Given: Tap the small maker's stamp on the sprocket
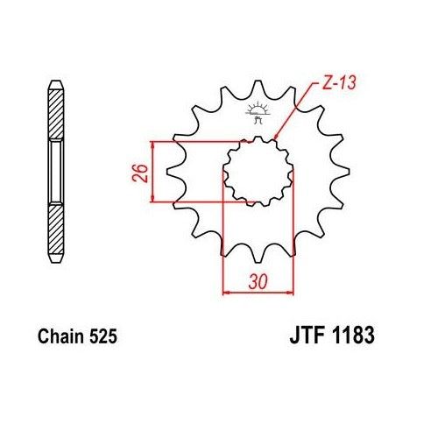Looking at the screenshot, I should pyautogui.click(x=258, y=111).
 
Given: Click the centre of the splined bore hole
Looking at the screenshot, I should pyautogui.click(x=258, y=171).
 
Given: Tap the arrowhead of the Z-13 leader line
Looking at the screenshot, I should pyautogui.click(x=277, y=137).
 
